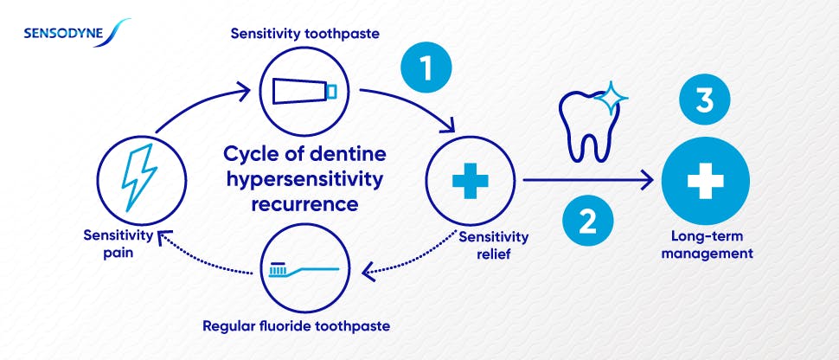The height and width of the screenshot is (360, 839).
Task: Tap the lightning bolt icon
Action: pos(139,180)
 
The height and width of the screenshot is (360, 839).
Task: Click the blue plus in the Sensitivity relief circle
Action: pos(471,181)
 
